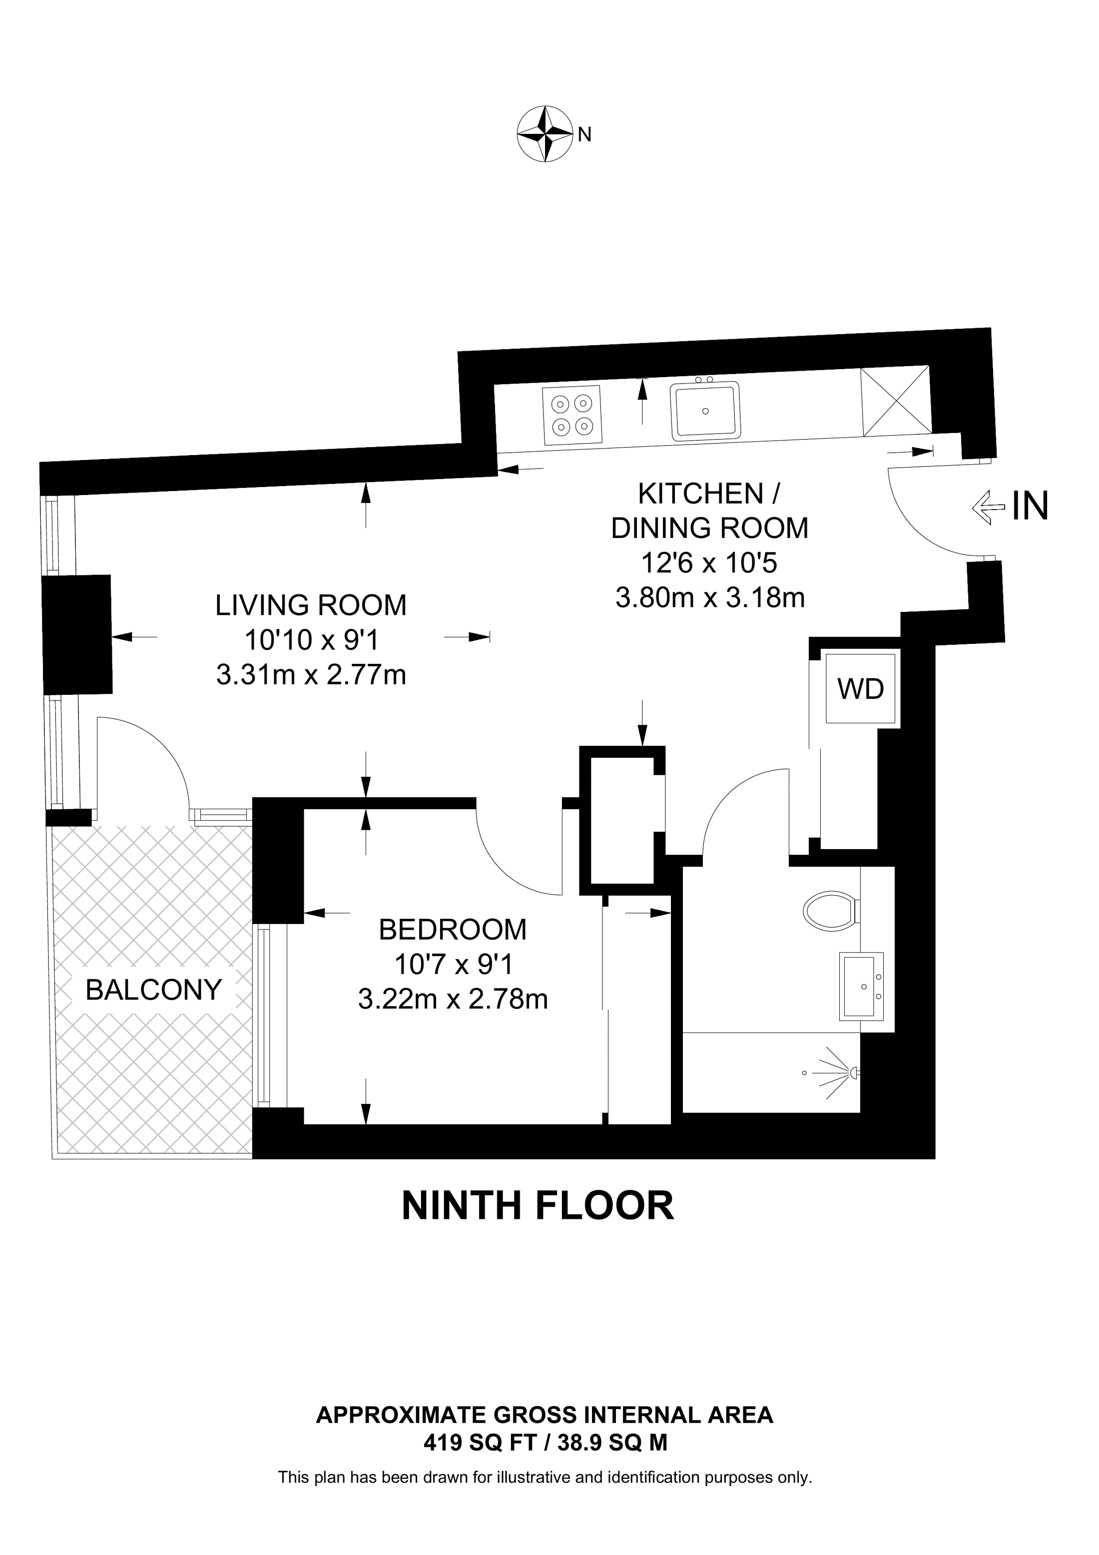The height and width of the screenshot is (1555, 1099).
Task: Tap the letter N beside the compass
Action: (x=585, y=135)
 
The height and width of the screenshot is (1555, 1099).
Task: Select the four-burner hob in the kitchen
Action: (x=571, y=415)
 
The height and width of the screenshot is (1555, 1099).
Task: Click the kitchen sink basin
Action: (x=705, y=411)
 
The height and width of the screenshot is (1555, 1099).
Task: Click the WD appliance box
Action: (x=861, y=689)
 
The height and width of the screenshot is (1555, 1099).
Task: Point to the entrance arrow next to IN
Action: (x=988, y=508)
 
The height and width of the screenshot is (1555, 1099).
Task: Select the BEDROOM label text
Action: (x=452, y=930)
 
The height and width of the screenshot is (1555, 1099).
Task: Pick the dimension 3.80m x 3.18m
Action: (x=710, y=598)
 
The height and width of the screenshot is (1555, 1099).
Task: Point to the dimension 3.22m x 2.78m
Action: (x=452, y=999)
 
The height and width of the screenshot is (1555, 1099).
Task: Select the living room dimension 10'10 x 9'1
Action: (x=311, y=639)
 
